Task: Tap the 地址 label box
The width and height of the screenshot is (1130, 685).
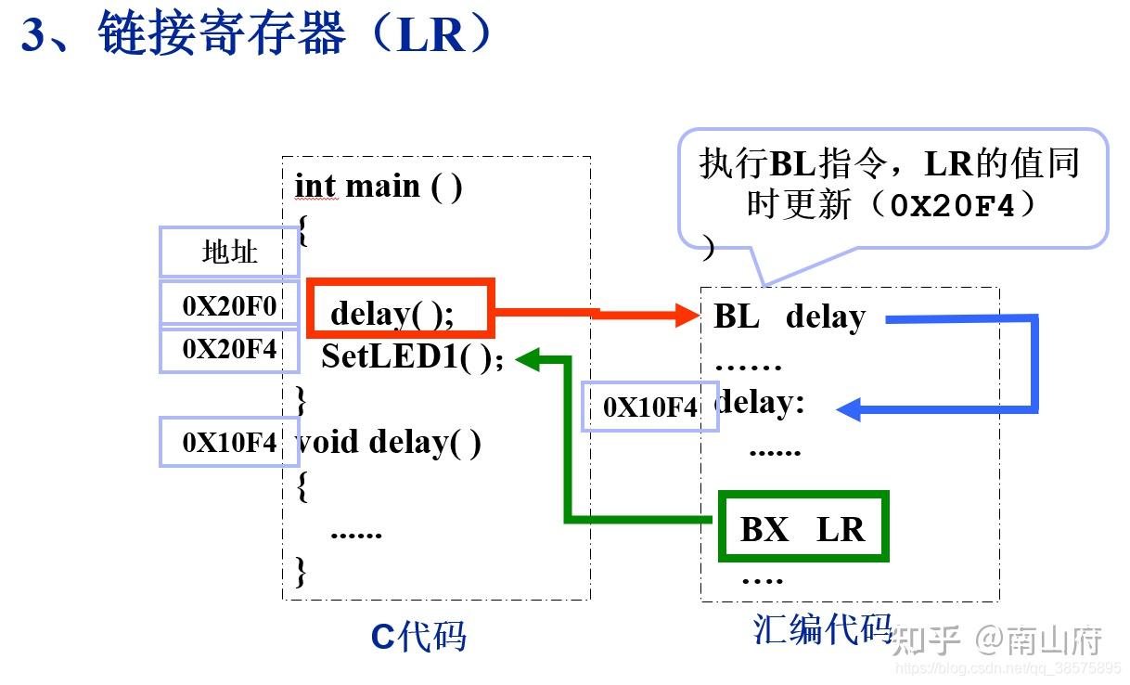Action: (x=229, y=252)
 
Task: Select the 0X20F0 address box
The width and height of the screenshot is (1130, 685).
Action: (x=229, y=304)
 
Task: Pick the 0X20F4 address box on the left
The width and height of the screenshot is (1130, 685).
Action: (x=229, y=350)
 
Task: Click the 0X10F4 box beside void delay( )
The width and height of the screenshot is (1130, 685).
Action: (x=229, y=442)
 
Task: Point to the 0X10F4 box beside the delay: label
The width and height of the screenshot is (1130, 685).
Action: (x=649, y=407)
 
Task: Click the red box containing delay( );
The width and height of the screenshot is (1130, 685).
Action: (x=400, y=309)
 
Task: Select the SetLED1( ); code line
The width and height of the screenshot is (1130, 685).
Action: (x=412, y=357)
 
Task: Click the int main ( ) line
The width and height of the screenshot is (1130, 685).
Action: (x=379, y=187)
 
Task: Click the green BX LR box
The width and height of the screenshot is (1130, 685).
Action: (x=803, y=527)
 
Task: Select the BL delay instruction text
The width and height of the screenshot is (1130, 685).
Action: (x=789, y=317)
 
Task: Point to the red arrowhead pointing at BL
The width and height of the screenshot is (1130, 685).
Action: (x=687, y=317)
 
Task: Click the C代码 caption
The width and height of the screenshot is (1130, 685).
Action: (x=418, y=637)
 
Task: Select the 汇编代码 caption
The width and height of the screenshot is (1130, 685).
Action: (x=822, y=629)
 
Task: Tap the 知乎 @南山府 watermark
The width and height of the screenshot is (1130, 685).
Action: (x=997, y=640)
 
